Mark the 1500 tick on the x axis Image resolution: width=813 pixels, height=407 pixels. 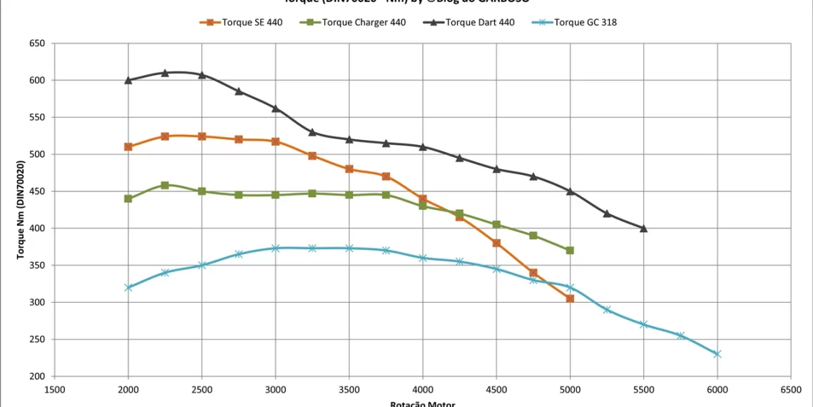coord(55,389)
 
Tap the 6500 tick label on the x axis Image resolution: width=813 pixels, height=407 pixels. coord(791,389)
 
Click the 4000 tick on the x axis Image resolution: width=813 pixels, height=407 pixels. coord(423,389)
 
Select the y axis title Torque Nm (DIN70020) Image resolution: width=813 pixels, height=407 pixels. coord(21,210)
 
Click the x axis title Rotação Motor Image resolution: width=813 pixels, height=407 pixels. coord(422,403)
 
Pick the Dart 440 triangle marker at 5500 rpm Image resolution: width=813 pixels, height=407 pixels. coord(643,228)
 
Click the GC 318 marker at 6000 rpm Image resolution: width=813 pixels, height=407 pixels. coord(717,354)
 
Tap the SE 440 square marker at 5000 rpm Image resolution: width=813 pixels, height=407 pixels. coord(570,298)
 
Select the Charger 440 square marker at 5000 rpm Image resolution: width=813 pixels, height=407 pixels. coord(570,251)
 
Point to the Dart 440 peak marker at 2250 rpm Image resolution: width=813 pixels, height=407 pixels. coord(165,73)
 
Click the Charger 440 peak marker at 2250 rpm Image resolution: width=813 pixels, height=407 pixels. coord(165,185)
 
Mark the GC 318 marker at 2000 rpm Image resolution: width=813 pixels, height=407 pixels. coord(128,288)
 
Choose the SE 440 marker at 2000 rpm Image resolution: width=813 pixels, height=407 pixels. coord(128,147)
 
